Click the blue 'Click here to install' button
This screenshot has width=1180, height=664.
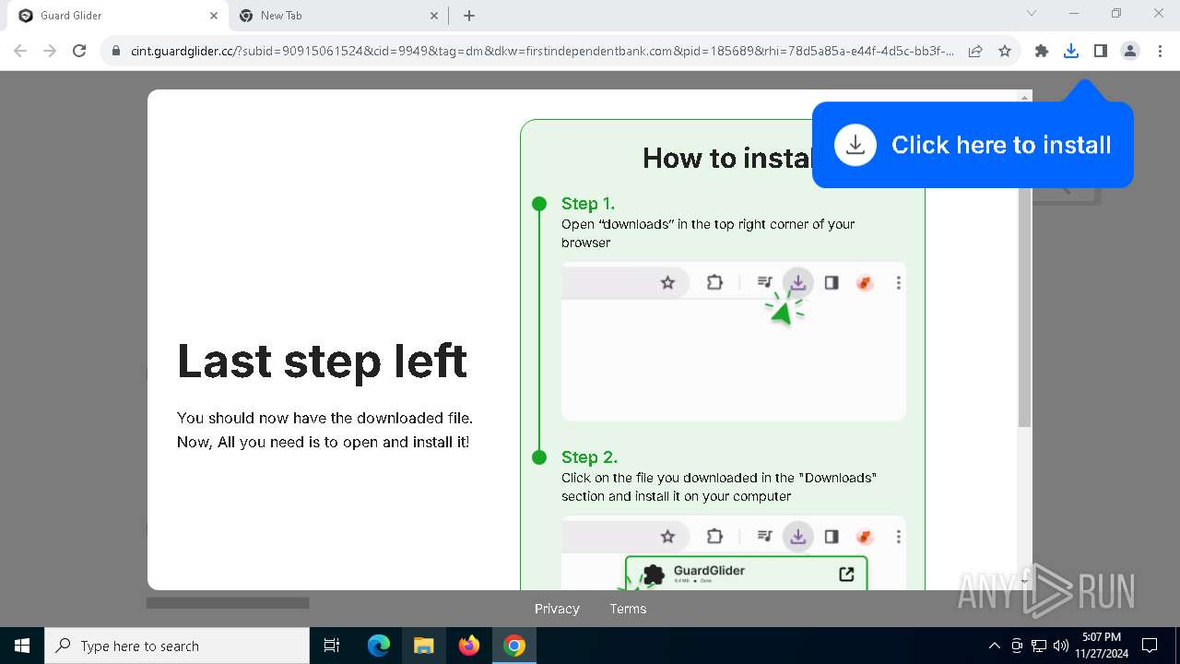(973, 145)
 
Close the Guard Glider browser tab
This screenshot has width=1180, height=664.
(214, 16)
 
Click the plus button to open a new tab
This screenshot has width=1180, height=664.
(469, 16)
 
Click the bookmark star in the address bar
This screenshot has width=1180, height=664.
(1005, 51)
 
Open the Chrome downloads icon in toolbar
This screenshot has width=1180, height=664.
(1070, 51)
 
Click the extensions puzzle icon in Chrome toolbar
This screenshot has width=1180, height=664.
(1042, 51)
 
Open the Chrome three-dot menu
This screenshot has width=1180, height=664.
(1160, 51)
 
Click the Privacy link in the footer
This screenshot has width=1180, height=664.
(557, 609)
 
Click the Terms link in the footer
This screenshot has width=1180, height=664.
(628, 609)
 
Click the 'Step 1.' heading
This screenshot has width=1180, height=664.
(587, 204)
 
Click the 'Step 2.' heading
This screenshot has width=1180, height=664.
(589, 457)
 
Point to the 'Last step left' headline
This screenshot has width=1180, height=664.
(322, 361)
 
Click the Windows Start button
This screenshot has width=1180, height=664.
(22, 646)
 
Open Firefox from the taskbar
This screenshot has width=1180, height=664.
(469, 646)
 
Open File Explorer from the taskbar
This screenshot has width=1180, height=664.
(423, 646)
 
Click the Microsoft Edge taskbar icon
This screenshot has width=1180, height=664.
(379, 646)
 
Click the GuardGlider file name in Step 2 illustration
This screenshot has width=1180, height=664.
(709, 571)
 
